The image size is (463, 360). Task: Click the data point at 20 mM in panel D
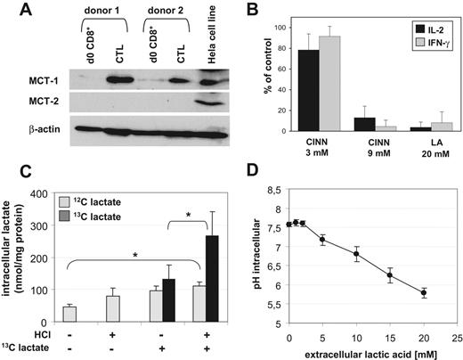click(x=423, y=292)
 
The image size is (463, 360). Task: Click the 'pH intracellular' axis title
click(x=251, y=257)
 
